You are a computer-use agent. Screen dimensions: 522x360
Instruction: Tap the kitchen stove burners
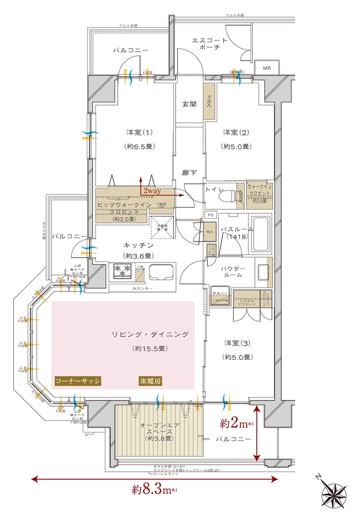(x=122, y=270)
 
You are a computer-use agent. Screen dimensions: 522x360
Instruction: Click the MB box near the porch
(x=266, y=68)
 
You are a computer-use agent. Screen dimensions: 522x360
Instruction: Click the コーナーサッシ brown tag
(x=77, y=381)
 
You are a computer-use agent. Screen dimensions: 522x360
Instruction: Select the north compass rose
(x=334, y=495)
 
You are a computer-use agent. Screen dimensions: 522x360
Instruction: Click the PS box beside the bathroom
(x=210, y=214)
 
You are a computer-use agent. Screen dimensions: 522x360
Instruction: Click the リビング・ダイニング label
(x=151, y=334)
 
